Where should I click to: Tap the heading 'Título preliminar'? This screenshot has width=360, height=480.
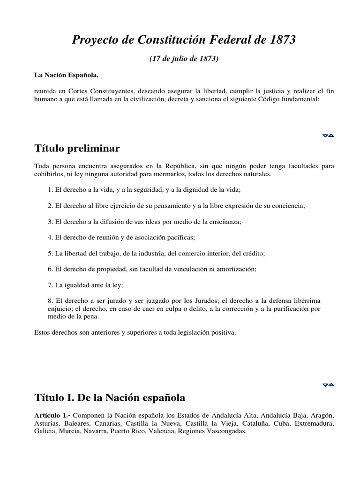click(77, 149)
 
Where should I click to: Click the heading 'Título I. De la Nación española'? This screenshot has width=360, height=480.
click(110, 398)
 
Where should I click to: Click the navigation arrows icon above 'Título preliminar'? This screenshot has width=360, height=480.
click(328, 136)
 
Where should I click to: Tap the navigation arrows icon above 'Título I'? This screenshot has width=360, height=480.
click(328, 385)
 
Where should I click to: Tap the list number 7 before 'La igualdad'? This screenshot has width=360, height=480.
click(50, 285)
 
